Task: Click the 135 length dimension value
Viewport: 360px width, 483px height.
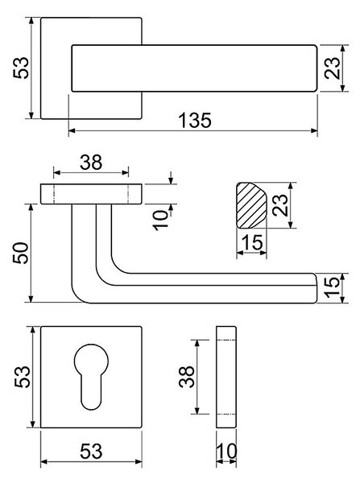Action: pos(196,120)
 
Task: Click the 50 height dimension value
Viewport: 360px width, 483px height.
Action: pos(21,253)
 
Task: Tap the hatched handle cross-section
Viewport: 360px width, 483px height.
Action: pos(251,205)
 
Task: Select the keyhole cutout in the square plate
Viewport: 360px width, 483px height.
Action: pos(92,377)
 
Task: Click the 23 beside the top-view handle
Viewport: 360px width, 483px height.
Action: pos(333,68)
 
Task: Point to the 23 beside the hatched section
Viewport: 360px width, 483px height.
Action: pos(280,204)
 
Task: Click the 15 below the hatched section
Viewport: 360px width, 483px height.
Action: pos(252,242)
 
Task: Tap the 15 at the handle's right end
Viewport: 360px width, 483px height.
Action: pos(333,287)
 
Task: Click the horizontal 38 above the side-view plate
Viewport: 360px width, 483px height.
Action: pos(91,163)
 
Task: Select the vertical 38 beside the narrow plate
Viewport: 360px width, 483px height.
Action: pos(187,377)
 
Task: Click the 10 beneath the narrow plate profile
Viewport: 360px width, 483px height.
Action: pos(226,452)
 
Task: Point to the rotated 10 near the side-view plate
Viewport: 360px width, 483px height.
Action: pos(161,220)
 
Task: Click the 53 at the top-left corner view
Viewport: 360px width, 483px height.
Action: pos(21,68)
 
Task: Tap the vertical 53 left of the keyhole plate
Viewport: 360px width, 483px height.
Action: pos(23,377)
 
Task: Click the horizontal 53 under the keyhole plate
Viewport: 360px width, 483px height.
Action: pos(91,452)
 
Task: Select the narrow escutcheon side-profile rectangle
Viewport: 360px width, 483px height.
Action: pos(226,377)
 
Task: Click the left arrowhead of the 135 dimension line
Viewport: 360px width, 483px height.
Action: pos(72,131)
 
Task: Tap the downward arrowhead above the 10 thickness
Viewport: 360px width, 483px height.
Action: pos(171,180)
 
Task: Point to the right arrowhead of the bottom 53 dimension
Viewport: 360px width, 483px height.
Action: pos(139,462)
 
